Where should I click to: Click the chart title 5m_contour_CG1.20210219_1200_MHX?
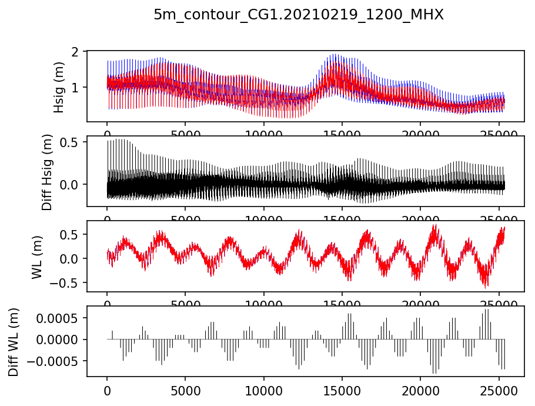(x=299, y=15)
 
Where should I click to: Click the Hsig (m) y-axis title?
(x=59, y=86)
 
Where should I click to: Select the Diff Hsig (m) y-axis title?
(x=47, y=171)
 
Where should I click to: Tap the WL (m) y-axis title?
(x=37, y=256)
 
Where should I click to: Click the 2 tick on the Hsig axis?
(x=75, y=52)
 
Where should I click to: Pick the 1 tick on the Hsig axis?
(x=75, y=87)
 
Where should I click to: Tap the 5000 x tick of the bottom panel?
(x=185, y=390)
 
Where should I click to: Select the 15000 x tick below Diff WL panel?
(x=342, y=390)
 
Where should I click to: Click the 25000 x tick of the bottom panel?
(x=499, y=390)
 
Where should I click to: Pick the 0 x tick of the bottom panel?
(x=107, y=390)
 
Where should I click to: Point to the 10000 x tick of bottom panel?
(x=263, y=390)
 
